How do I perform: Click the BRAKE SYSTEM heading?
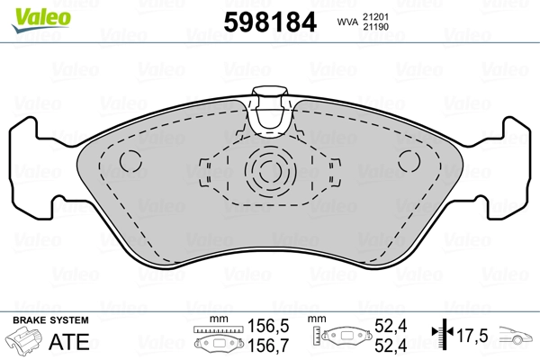(x=49, y=321)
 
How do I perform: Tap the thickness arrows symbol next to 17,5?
(x=441, y=337)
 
